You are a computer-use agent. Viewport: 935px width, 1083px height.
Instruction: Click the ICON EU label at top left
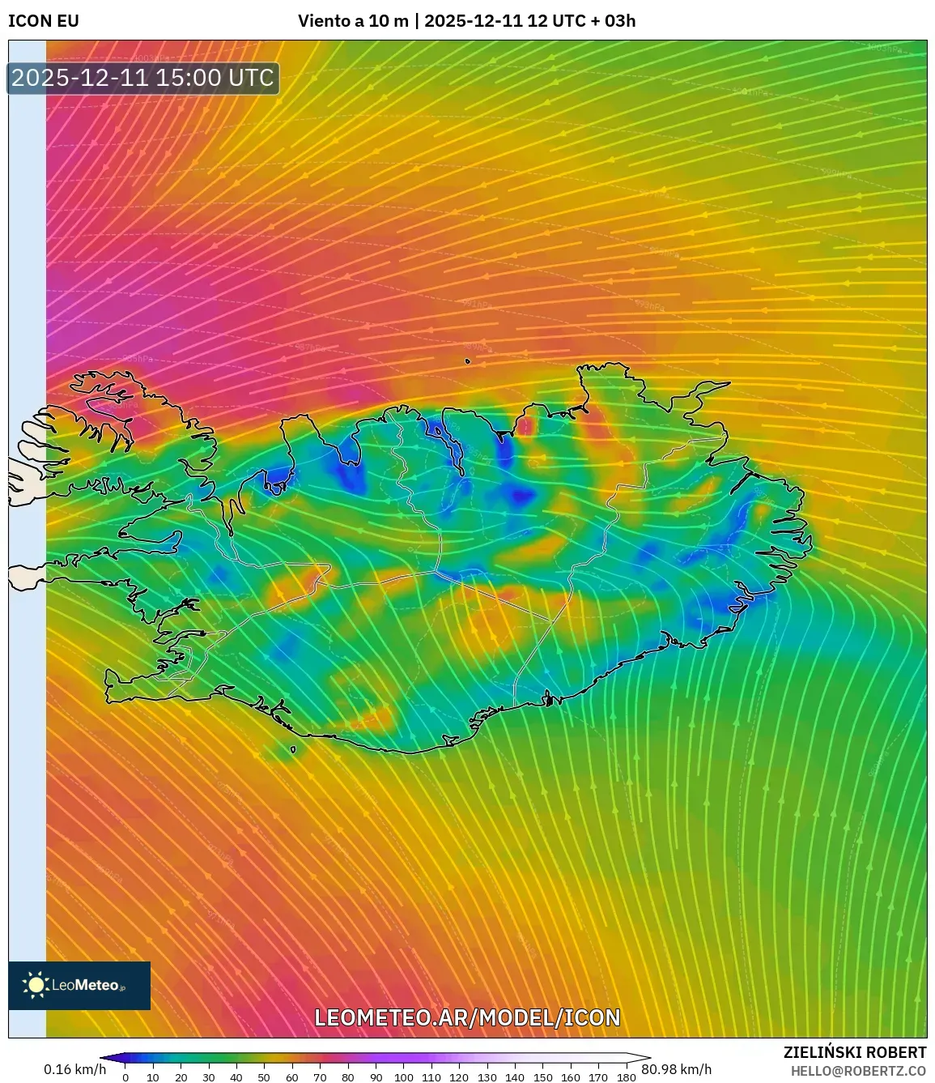(44, 21)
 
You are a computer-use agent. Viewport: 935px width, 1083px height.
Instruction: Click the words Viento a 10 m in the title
(353, 21)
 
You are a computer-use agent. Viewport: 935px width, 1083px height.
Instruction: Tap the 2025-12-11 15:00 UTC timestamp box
(143, 78)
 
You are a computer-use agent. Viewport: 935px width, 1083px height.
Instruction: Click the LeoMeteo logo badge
(79, 985)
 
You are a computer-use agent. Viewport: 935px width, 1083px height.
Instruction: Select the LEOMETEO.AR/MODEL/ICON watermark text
(467, 1017)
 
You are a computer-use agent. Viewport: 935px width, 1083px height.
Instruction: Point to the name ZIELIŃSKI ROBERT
(854, 1052)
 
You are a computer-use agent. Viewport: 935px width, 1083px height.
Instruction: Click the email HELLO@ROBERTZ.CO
(858, 1071)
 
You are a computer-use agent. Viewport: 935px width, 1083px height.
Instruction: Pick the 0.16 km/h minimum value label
(74, 1069)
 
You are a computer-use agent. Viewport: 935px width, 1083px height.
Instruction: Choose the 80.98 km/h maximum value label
(676, 1069)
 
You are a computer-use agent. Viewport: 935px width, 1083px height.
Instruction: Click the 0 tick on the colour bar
(125, 1077)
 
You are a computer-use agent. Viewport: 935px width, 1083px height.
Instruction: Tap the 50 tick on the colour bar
(264, 1077)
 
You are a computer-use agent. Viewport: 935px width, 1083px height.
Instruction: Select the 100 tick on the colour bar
(403, 1077)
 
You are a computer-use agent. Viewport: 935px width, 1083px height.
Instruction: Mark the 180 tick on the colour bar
(626, 1077)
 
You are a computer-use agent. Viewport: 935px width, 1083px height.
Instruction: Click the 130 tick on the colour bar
(487, 1077)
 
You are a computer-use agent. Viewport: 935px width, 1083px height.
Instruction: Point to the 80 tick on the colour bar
(347, 1077)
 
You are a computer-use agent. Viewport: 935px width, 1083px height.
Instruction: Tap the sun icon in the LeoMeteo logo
(36, 985)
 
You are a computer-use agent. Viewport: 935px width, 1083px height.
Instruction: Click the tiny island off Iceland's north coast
(468, 362)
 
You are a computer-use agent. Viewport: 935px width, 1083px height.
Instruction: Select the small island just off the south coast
(293, 750)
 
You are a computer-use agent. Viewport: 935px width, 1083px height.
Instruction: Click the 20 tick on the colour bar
(181, 1077)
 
